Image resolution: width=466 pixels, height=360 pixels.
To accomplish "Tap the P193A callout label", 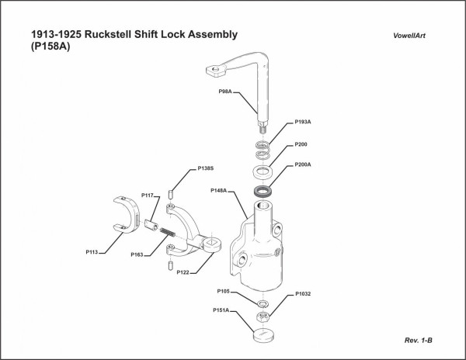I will [303, 122].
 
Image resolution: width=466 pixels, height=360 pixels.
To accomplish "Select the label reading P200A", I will [303, 164].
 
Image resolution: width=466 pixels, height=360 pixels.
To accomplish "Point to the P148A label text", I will [218, 189].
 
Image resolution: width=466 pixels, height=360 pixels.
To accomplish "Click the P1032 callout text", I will [303, 295].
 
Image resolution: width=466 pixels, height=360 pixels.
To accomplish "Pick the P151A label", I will [221, 310].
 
